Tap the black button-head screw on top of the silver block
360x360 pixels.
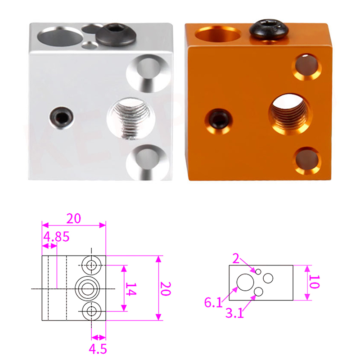pos(116,34)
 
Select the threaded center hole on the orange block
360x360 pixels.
pos(290,114)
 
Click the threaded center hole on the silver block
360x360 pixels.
pos(130,119)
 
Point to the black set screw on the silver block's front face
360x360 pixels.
pos(61,117)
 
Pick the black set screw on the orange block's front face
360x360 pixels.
pos(218,121)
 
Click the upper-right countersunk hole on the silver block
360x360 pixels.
pos(148,73)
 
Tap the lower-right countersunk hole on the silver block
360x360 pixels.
pos(148,162)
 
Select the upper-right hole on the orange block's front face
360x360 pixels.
pos(306,67)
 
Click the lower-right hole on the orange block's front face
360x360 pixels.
pos(307,161)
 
